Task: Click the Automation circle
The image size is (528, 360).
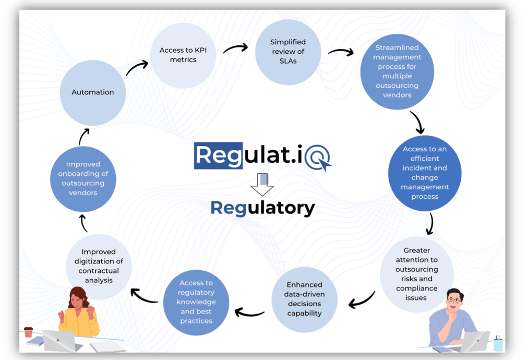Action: pyautogui.click(x=92, y=93)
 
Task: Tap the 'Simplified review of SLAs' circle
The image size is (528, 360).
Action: pyautogui.click(x=287, y=52)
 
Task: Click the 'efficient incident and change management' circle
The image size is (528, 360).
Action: pyautogui.click(x=424, y=173)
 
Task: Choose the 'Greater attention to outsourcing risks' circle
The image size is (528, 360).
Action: pyautogui.click(x=416, y=274)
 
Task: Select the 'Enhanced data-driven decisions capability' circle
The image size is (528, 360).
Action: pyautogui.click(x=304, y=299)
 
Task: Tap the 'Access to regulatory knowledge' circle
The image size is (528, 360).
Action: pyautogui.click(x=196, y=302)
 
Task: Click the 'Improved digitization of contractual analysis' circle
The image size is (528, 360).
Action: pyautogui.click(x=99, y=266)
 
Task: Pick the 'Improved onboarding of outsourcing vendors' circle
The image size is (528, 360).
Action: pyautogui.click(x=83, y=179)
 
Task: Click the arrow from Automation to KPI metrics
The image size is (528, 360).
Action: pyautogui.click(x=137, y=68)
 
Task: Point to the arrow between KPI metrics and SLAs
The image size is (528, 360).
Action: pyautogui.click(x=235, y=49)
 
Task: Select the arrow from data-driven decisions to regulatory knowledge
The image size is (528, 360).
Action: pyautogui.click(x=249, y=313)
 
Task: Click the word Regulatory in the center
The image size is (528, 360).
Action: pyautogui.click(x=262, y=208)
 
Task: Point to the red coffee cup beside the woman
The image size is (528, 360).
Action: pyautogui.click(x=28, y=332)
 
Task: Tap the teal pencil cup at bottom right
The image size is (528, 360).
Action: pyautogui.click(x=498, y=344)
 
